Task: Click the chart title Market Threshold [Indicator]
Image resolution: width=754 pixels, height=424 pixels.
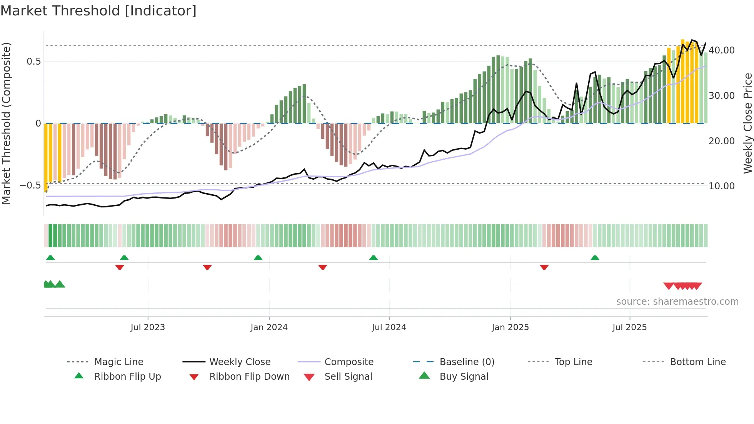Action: pos(98,11)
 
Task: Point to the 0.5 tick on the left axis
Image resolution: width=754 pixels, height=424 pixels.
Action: pos(33,62)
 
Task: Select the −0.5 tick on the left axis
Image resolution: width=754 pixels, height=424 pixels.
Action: pos(30,185)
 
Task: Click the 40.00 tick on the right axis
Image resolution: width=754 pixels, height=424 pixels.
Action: pos(721,50)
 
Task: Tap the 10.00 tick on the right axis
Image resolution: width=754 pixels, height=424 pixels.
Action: pos(721,186)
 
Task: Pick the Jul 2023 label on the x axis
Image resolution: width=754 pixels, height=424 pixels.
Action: pos(148,327)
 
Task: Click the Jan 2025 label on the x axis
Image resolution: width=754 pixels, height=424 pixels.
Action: pos(510,327)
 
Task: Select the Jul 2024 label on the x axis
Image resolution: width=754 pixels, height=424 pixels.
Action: pos(389,327)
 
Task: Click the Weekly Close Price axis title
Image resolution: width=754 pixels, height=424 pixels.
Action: pos(747,123)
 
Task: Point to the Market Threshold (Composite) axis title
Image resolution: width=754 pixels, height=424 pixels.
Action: pos(6,123)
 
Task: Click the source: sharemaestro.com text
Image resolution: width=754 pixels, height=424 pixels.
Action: pos(677,302)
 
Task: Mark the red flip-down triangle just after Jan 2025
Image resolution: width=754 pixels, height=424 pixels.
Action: pos(544,267)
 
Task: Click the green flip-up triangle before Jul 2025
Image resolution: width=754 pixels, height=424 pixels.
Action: pos(595,258)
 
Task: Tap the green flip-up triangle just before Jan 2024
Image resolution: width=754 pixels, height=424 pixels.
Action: pos(258,258)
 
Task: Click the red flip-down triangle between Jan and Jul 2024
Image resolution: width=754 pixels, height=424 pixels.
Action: pos(323,267)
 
